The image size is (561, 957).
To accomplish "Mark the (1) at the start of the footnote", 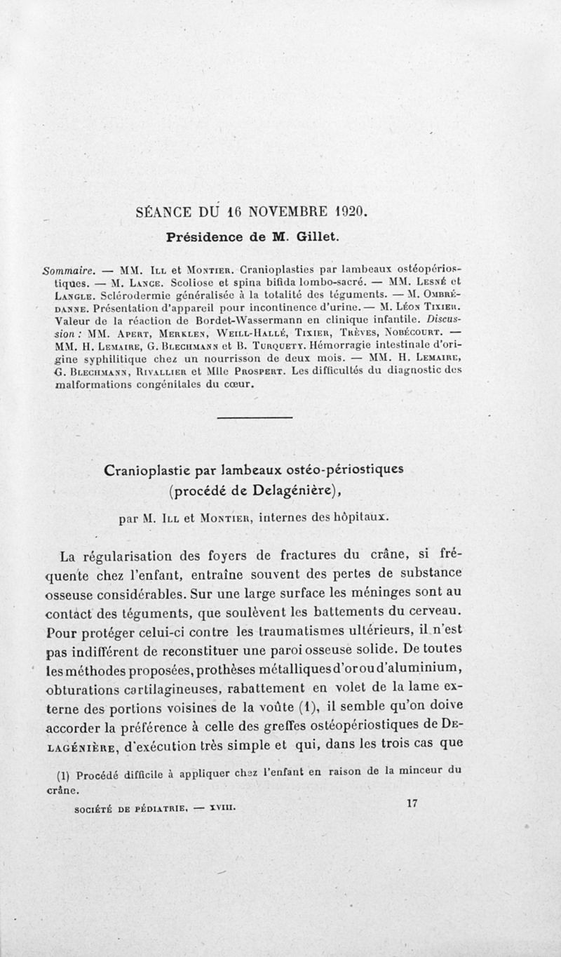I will point(64,775).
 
